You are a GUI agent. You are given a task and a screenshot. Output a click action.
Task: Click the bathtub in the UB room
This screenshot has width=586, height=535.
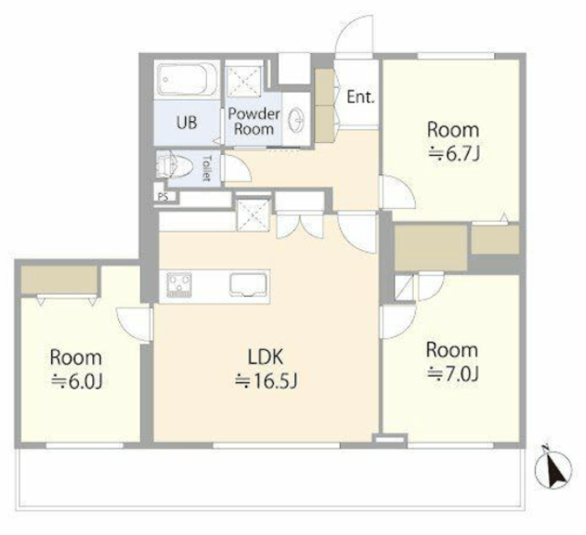click(x=187, y=80)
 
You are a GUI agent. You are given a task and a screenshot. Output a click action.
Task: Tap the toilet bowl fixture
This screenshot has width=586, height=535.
click(x=173, y=165)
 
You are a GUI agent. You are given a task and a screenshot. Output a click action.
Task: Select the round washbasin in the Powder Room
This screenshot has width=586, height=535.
click(x=298, y=118)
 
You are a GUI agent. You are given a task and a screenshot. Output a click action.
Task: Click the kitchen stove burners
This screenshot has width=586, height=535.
click(x=179, y=286)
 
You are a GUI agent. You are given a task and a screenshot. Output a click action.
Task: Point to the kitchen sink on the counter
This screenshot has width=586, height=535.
click(x=249, y=285)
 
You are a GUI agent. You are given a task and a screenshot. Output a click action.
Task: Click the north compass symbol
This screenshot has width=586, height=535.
click(x=553, y=467)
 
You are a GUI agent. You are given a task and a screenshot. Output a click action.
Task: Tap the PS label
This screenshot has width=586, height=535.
click(x=163, y=197)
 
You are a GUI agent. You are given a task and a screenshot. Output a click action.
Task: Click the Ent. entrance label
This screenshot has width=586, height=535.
click(x=360, y=97)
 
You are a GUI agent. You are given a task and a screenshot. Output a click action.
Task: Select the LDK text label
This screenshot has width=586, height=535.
click(x=266, y=356)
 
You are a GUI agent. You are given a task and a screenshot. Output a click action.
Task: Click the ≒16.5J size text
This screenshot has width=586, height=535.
click(x=266, y=381)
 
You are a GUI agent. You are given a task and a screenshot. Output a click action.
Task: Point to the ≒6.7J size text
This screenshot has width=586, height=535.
click(x=453, y=154)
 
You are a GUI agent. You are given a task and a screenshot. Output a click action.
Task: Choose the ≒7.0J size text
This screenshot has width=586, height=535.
click(x=452, y=374)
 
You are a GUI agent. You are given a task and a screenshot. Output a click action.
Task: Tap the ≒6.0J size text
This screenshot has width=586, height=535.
click(x=77, y=382)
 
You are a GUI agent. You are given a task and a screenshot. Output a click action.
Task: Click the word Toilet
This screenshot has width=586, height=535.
click(x=205, y=168)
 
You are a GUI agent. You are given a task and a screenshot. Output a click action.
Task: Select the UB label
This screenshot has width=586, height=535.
click(x=186, y=122)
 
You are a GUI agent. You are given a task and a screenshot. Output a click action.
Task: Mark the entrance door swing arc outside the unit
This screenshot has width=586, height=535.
click(x=353, y=36)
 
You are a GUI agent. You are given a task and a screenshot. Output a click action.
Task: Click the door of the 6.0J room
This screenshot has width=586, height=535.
click(x=135, y=324)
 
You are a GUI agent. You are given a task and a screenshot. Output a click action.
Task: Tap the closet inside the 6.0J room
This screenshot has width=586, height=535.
click(x=59, y=279)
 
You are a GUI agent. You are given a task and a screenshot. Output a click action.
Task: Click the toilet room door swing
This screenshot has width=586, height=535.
click(x=236, y=169)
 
